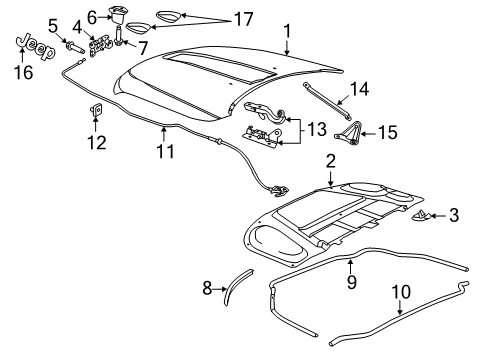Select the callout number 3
tap(454, 214)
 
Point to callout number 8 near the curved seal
tap(208, 290)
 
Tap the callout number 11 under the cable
tap(165, 151)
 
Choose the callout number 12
tap(97, 142)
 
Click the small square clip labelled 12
tap(97, 111)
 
